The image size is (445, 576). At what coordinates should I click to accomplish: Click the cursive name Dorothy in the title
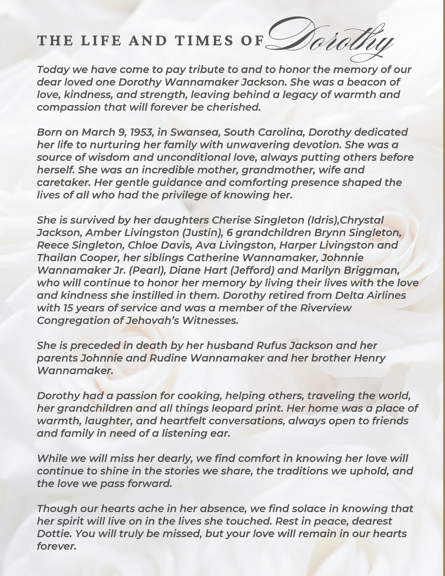[329, 40]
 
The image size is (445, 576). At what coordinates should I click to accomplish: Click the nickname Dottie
[54, 534]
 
